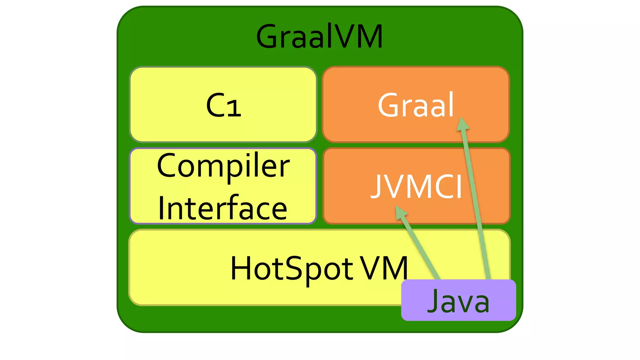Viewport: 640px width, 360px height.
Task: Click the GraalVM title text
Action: (x=319, y=37)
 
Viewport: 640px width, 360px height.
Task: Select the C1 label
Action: (x=223, y=106)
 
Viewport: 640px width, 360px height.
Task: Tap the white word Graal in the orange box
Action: (x=416, y=105)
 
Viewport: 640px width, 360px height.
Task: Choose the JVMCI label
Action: (x=416, y=187)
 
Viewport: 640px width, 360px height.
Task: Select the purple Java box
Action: (x=458, y=300)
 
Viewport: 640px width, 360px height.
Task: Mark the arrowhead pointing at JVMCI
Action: (x=401, y=213)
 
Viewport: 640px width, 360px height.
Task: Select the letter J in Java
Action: (x=434, y=301)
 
